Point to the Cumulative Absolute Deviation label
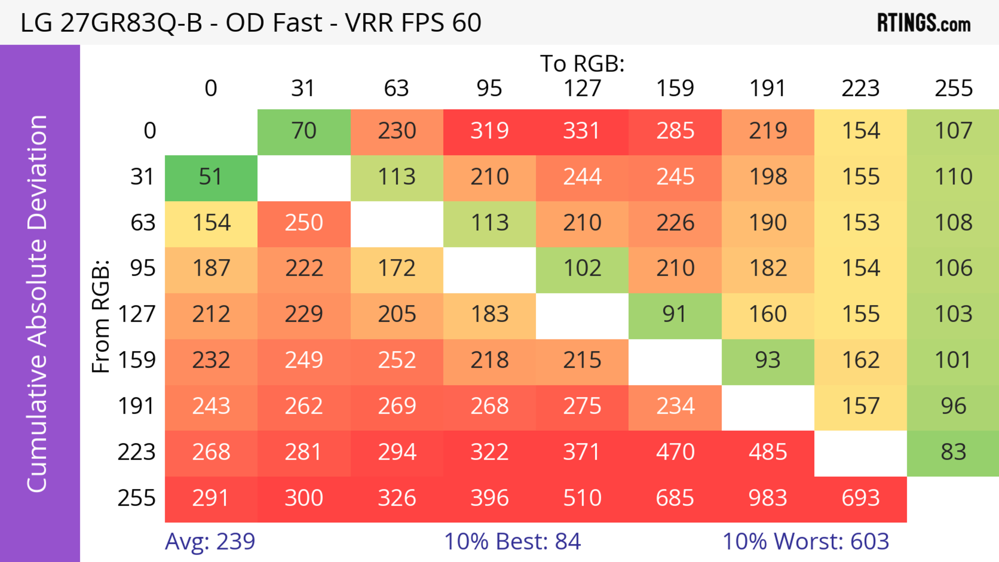[38, 303]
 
